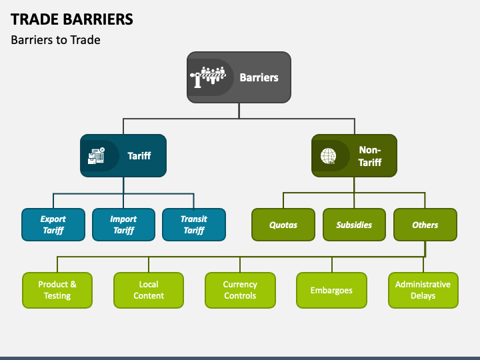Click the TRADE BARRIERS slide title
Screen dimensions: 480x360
pyautogui.click(x=72, y=19)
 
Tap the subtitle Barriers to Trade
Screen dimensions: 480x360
pyautogui.click(x=55, y=40)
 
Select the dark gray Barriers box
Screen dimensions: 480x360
pyautogui.click(x=239, y=77)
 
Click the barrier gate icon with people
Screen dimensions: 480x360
pyautogui.click(x=208, y=77)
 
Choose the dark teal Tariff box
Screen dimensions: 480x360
pyautogui.click(x=123, y=155)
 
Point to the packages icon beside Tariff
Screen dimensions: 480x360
pyautogui.click(x=97, y=156)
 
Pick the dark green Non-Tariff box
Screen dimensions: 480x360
pyautogui.click(x=354, y=155)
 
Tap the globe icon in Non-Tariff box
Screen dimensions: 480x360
pyautogui.click(x=328, y=156)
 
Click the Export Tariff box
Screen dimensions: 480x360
pyautogui.click(x=53, y=225)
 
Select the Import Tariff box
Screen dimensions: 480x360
pyautogui.click(x=123, y=225)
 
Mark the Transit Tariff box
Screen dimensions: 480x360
pyautogui.click(x=194, y=225)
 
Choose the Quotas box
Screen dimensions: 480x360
pyautogui.click(x=283, y=225)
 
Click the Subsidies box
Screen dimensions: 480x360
pyautogui.click(x=354, y=225)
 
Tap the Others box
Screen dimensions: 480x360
pyautogui.click(x=425, y=225)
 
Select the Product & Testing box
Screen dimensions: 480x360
pyautogui.click(x=57, y=290)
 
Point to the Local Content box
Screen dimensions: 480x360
pyautogui.click(x=149, y=290)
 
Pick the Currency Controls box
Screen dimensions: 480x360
pyautogui.click(x=240, y=290)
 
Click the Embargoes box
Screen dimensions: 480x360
pyautogui.click(x=331, y=290)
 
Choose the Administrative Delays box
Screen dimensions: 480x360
pyautogui.click(x=423, y=290)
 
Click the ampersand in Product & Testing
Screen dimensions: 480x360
pyautogui.click(x=73, y=285)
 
